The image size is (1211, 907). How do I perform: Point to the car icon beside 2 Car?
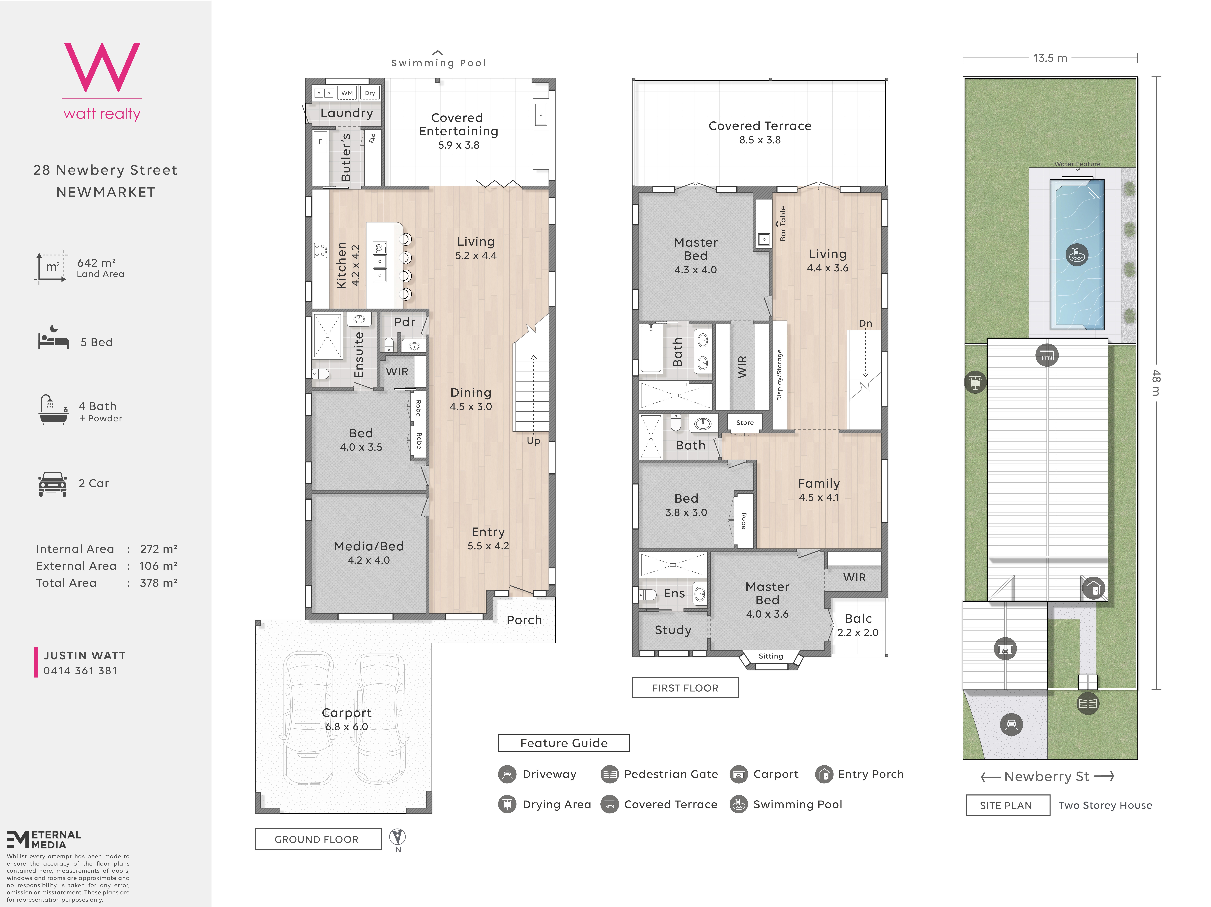[53, 484]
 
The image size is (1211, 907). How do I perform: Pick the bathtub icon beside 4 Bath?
[53, 409]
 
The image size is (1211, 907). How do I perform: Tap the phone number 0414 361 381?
[81, 670]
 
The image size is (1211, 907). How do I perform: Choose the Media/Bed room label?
[369, 546]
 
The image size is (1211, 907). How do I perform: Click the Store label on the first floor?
[745, 423]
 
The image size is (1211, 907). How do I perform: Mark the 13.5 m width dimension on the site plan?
[1050, 58]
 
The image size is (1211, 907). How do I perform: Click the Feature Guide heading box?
[564, 743]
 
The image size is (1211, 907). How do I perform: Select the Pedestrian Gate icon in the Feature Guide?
[609, 774]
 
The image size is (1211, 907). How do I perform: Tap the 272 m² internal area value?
[159, 549]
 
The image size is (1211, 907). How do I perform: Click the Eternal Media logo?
[44, 840]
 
